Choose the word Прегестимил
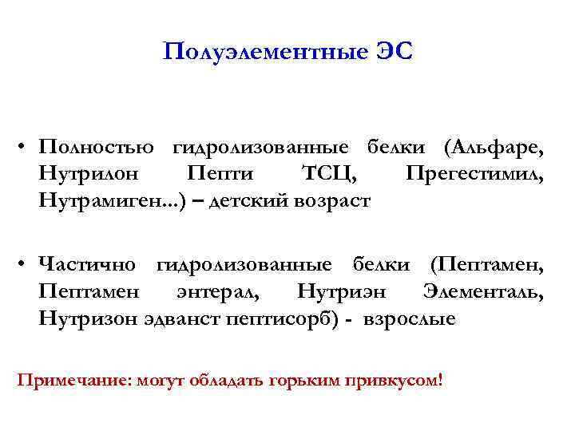click(475, 174)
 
